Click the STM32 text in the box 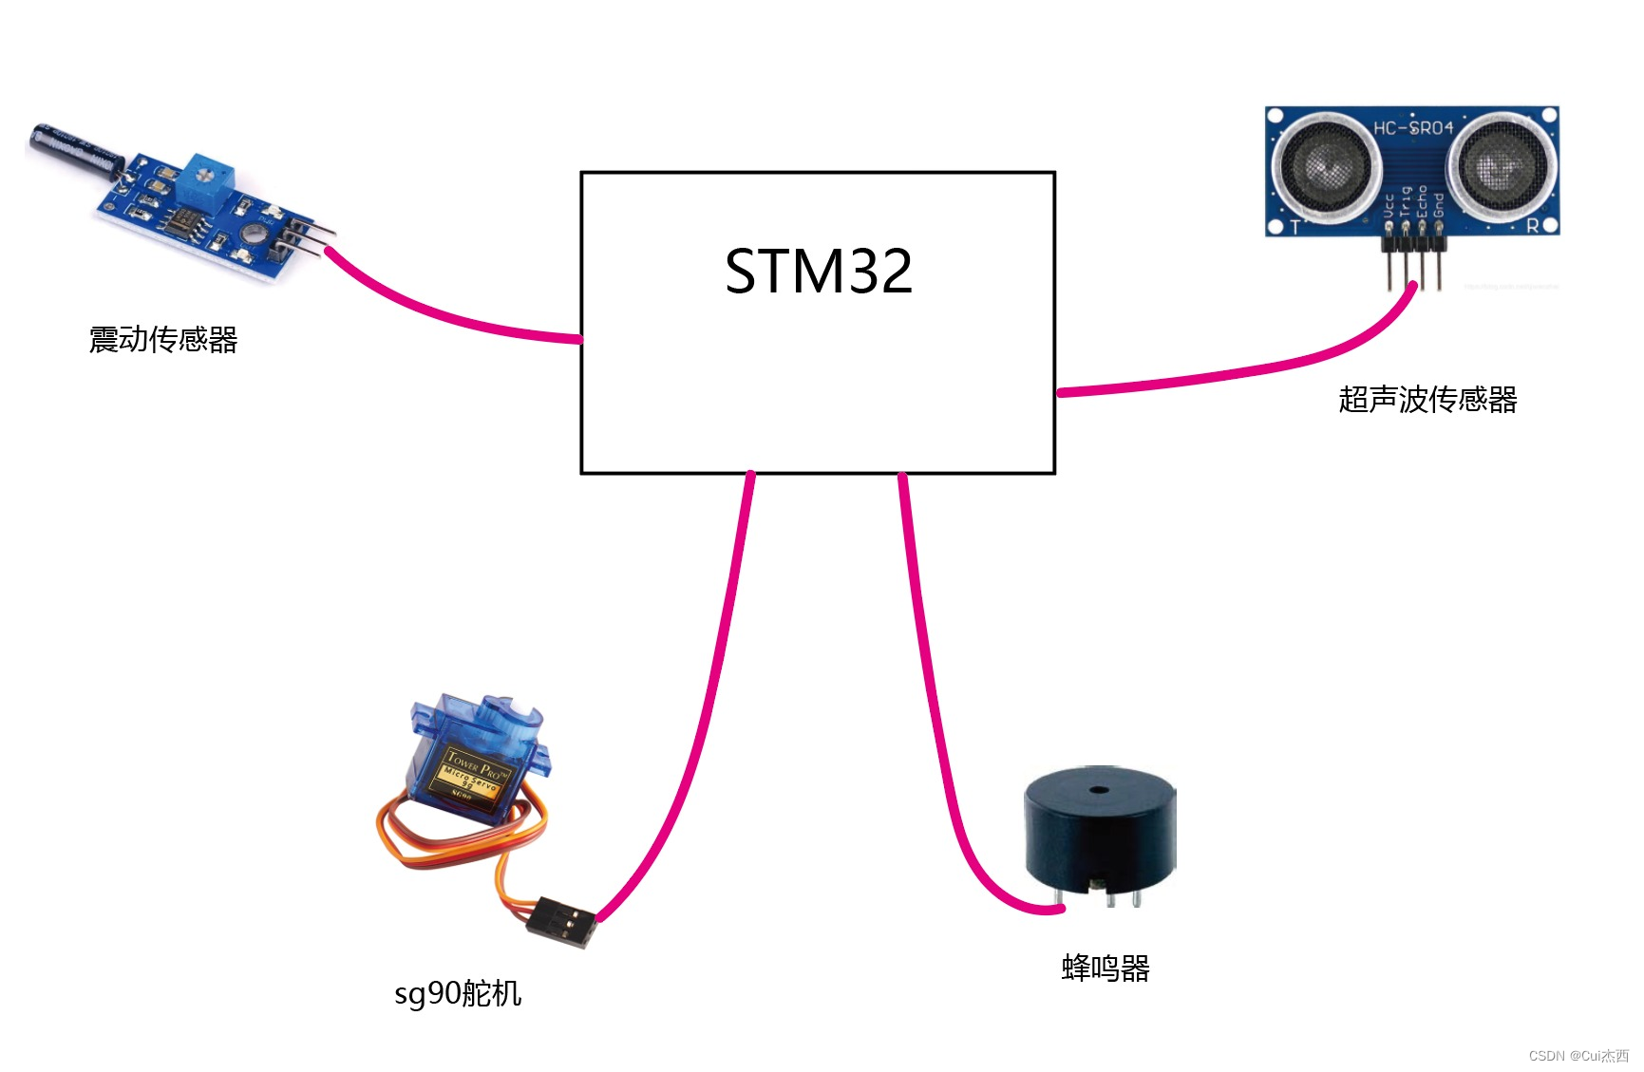(818, 272)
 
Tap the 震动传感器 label (163, 340)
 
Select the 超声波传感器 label (1427, 400)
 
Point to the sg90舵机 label (458, 994)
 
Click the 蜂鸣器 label (1105, 969)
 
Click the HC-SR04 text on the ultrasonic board (1412, 127)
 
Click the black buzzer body (1099, 836)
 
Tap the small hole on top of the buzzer (1099, 790)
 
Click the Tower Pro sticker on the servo (472, 774)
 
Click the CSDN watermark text (1578, 1056)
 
